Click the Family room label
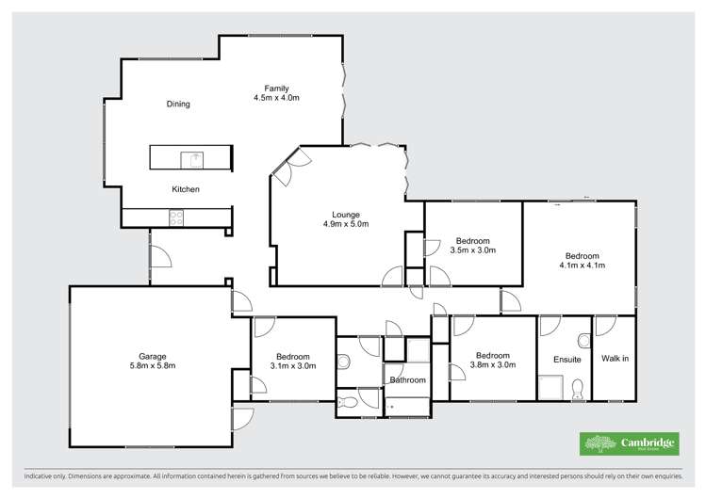pyautogui.click(x=276, y=88)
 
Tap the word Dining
pyautogui.click(x=178, y=105)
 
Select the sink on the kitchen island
pyautogui.click(x=197, y=158)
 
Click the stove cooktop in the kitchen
pyautogui.click(x=176, y=217)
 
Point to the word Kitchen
pyautogui.click(x=185, y=189)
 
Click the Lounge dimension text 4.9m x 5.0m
pyautogui.click(x=345, y=224)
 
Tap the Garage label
pyautogui.click(x=153, y=356)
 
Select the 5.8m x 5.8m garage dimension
pyautogui.click(x=153, y=365)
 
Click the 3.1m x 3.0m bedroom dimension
pyautogui.click(x=293, y=365)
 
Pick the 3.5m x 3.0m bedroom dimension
pyautogui.click(x=473, y=250)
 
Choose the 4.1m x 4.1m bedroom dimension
pyautogui.click(x=582, y=266)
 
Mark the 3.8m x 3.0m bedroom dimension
pyautogui.click(x=492, y=365)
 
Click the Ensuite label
pyautogui.click(x=567, y=360)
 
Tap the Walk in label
pyautogui.click(x=616, y=360)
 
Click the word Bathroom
pyautogui.click(x=407, y=380)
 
